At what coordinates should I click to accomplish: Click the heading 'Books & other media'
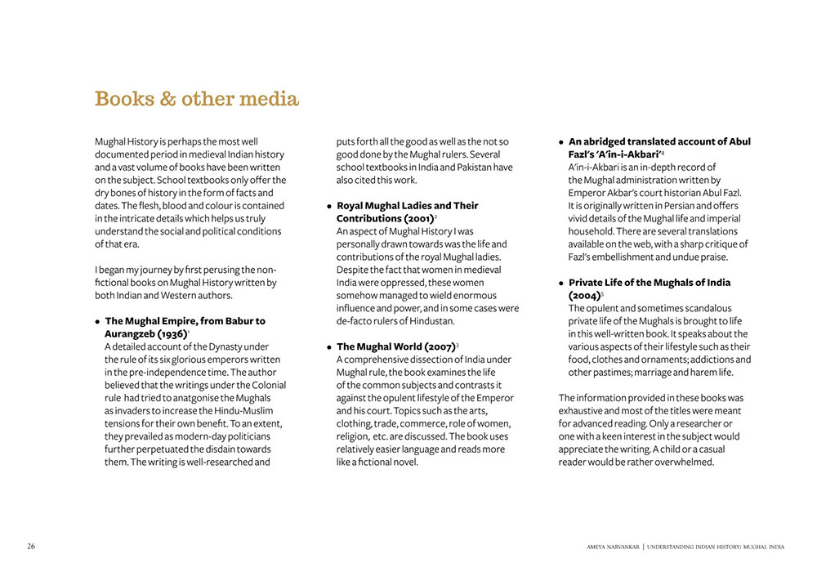[197, 100]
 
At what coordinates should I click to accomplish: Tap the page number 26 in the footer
[31, 546]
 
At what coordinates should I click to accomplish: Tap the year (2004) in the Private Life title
[584, 296]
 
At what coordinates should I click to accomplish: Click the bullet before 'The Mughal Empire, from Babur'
[97, 322]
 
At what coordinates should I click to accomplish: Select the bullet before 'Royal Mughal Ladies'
[329, 207]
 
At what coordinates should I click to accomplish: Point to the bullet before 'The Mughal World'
[329, 347]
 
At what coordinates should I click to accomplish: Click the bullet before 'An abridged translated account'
[561, 142]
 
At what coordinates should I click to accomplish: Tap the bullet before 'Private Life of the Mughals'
[561, 284]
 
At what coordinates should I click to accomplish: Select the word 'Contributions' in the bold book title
[368, 219]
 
